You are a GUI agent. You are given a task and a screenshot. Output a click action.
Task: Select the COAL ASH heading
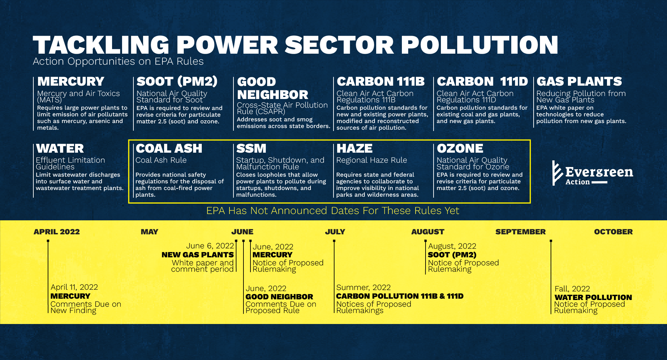(169, 148)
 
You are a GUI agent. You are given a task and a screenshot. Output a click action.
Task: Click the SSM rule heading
(251, 148)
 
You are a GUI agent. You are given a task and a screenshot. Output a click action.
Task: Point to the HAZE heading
(354, 148)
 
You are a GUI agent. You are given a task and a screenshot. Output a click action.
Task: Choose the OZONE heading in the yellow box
(460, 148)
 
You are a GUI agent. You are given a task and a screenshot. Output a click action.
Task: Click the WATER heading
(60, 148)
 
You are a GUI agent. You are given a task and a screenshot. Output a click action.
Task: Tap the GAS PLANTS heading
(579, 81)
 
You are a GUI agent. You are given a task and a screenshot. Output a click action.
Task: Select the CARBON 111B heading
(381, 81)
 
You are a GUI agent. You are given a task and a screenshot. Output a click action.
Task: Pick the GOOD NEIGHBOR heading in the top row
(272, 88)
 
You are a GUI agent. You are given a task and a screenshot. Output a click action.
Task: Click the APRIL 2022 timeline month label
(57, 232)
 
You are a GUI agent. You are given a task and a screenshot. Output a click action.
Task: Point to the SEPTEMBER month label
(520, 232)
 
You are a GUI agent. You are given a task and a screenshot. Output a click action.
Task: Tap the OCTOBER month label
(613, 232)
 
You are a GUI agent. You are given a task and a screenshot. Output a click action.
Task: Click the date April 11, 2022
(74, 287)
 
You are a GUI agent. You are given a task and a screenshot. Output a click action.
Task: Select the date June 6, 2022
(210, 246)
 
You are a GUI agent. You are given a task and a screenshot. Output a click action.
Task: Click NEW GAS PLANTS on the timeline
(197, 255)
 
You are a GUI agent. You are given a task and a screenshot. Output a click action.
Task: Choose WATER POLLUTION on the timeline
(593, 297)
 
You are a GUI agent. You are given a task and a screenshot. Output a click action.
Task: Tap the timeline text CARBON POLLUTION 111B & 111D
(400, 296)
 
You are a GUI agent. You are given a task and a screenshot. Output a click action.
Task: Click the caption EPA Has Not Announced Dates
(332, 211)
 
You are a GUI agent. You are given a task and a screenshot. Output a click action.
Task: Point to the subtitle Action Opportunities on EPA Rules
(118, 61)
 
